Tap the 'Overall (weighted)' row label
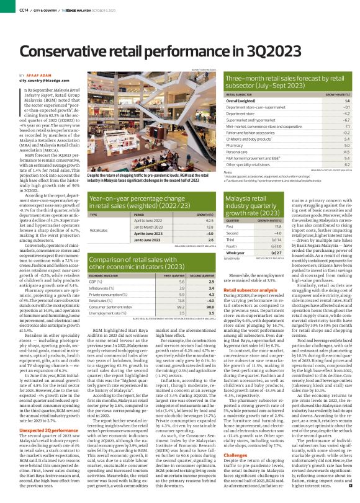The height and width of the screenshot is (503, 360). click(242, 100)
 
